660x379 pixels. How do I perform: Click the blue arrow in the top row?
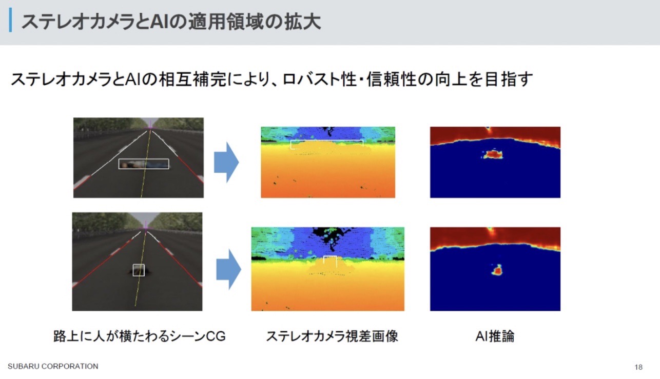(226, 162)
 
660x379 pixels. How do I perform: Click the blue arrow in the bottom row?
(229, 269)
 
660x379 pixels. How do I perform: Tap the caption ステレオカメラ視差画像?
(332, 336)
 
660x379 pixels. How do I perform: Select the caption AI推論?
(495, 336)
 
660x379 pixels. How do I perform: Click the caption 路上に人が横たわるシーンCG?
(140, 336)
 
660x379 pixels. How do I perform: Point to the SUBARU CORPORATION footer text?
(53, 366)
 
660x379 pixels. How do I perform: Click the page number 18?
(638, 367)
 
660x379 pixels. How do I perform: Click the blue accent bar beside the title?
(11, 19)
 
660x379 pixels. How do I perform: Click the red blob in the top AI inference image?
(493, 154)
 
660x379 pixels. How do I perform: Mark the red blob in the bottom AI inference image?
(497, 270)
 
